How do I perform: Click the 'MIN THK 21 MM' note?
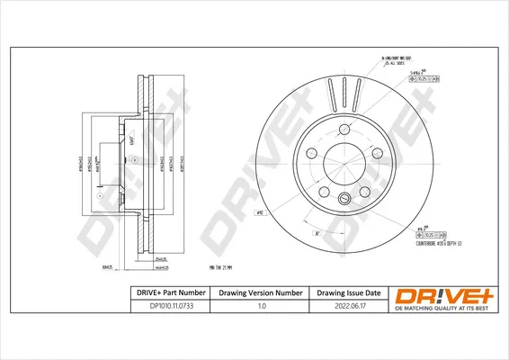(219, 267)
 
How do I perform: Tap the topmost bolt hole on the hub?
(343, 127)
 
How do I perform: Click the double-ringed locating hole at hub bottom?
(343, 198)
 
